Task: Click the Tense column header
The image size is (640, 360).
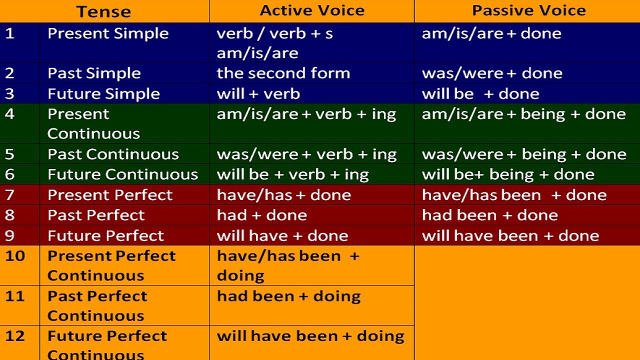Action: [103, 11]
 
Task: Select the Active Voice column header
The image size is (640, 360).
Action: [312, 10]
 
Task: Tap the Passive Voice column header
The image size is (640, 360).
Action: [528, 10]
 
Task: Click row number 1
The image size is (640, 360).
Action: [10, 33]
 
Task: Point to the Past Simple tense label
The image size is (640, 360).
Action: [94, 73]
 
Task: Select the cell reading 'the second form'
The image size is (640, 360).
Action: [283, 73]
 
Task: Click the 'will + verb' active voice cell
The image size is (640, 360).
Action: [258, 94]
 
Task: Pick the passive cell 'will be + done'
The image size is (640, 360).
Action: [480, 94]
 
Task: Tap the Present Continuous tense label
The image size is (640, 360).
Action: [93, 123]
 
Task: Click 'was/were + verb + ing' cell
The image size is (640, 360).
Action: [306, 154]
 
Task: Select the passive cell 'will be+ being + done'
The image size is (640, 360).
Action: [508, 174]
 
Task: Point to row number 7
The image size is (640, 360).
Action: [10, 195]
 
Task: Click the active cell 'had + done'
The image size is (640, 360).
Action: [261, 215]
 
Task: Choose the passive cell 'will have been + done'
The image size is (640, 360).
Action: [510, 236]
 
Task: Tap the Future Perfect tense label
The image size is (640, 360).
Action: [105, 236]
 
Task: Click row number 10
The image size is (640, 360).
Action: [15, 256]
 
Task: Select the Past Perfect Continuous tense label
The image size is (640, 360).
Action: [97, 305]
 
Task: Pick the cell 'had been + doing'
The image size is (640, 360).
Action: [288, 296]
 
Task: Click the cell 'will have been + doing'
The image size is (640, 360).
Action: [310, 336]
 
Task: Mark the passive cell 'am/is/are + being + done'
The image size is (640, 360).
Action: [523, 114]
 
